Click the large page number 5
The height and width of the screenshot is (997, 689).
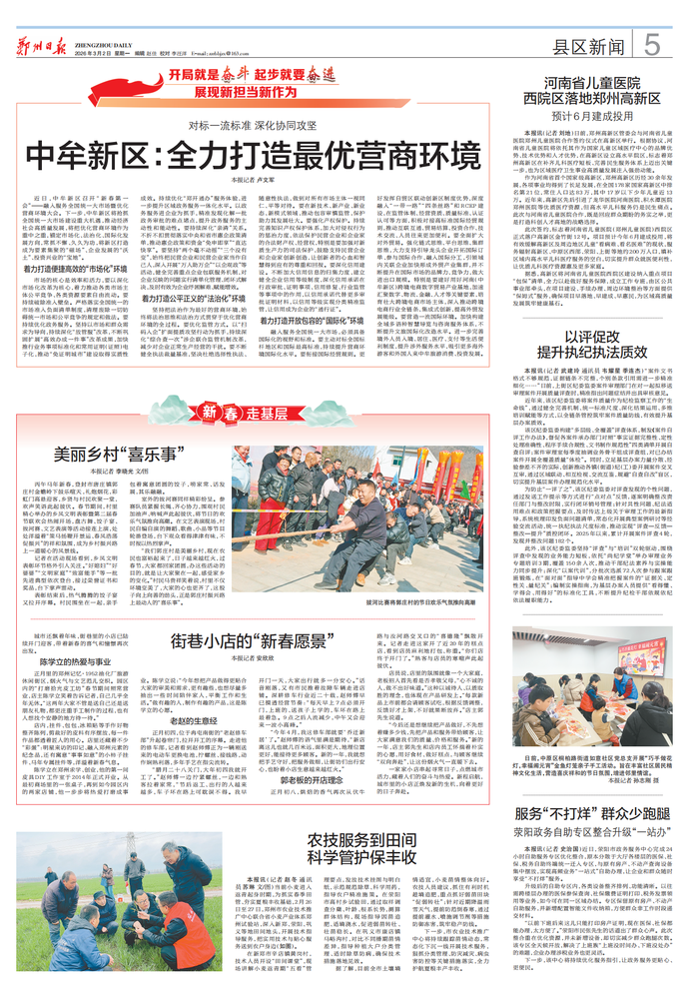click(x=650, y=45)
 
